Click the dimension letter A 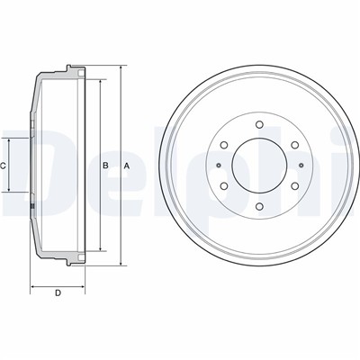coord(127,166)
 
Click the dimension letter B coord(105,166)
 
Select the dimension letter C coord(3,166)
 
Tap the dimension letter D coord(58,292)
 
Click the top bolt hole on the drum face coord(260,124)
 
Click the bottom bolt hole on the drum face coord(260,206)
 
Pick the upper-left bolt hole coord(224,145)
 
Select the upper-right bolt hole coord(295,145)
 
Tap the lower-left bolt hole coord(224,186)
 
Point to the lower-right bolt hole coord(295,186)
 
